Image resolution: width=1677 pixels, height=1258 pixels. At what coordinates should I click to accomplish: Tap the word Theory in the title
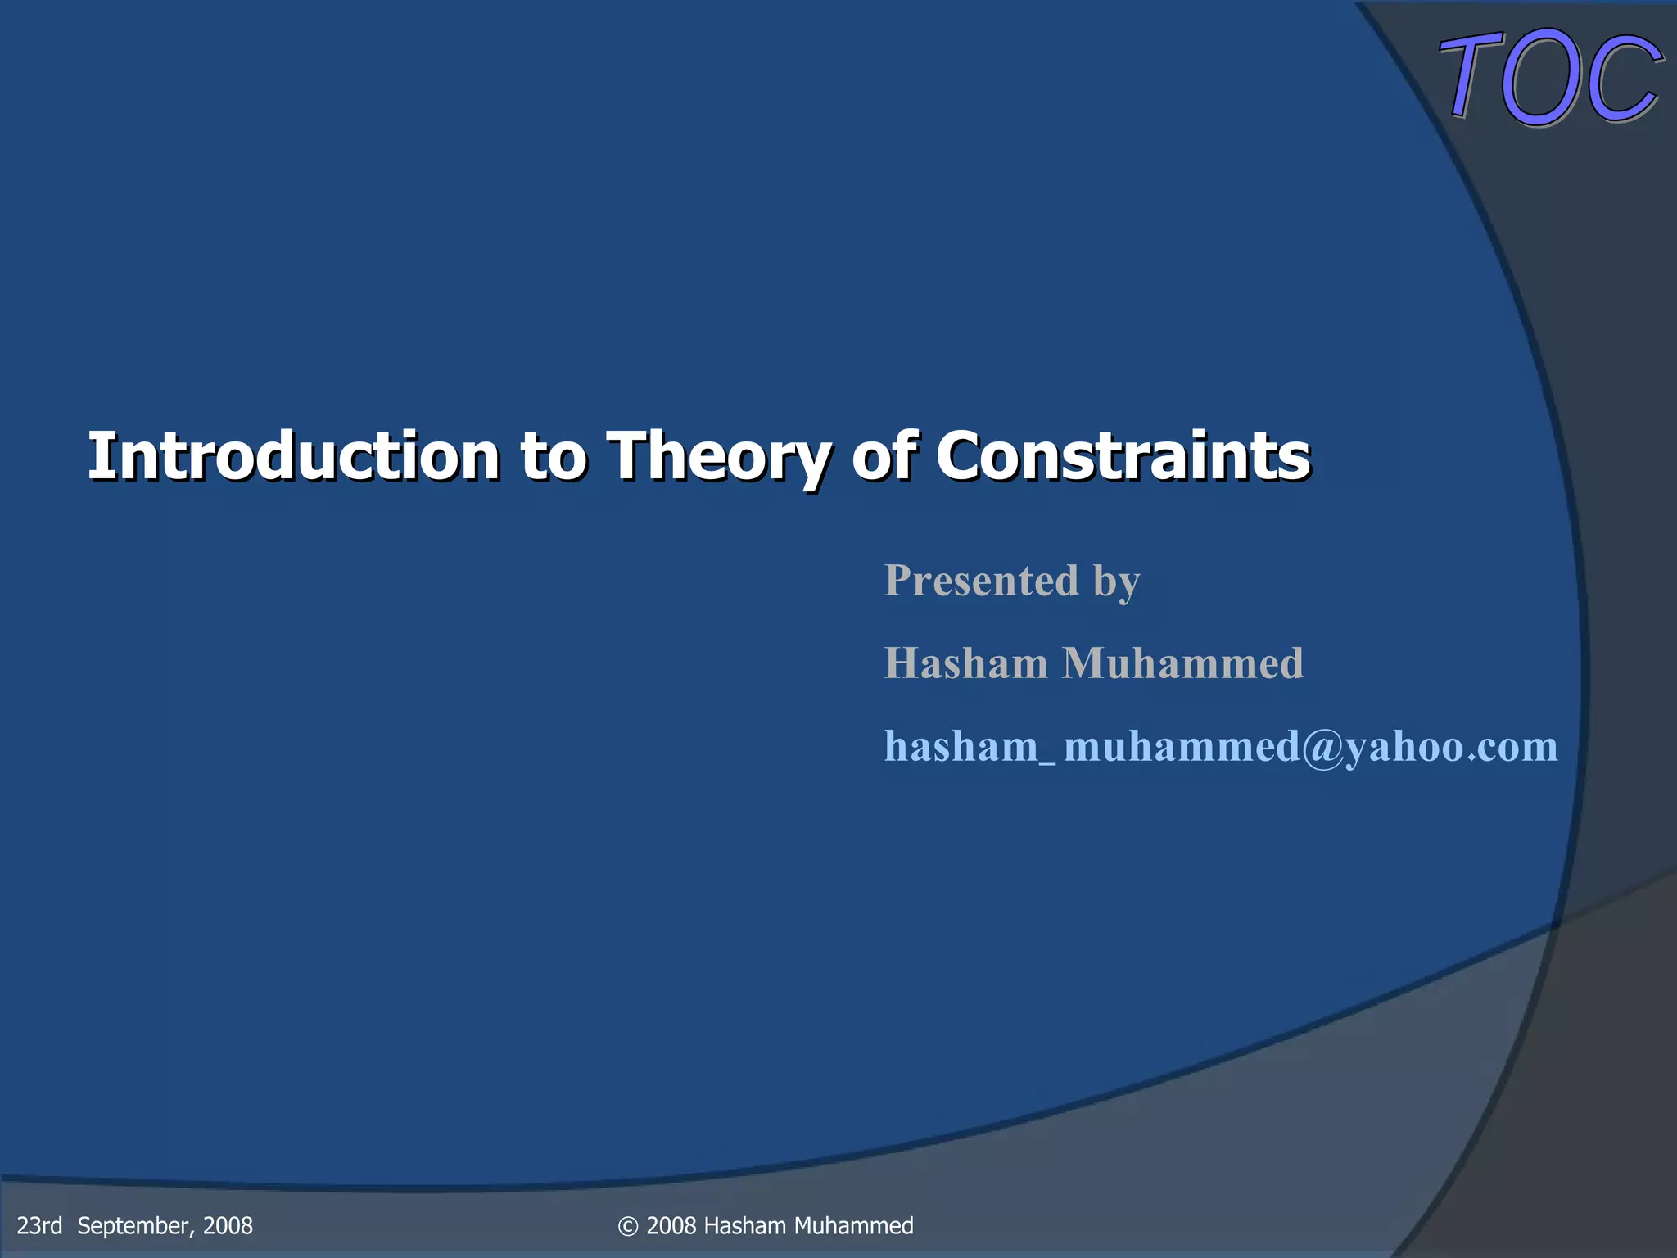pos(717,456)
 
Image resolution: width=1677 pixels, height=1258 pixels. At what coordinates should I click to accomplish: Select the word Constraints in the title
pos(1123,456)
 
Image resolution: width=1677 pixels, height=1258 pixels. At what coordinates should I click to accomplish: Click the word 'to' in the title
pos(554,456)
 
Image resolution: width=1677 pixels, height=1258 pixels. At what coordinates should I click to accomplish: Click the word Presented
pos(981,581)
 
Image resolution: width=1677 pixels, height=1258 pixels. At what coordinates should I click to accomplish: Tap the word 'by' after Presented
pos(1116,582)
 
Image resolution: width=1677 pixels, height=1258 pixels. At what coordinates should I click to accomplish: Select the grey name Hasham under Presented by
pos(965,663)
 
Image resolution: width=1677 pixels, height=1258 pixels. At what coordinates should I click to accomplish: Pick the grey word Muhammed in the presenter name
pos(1182,663)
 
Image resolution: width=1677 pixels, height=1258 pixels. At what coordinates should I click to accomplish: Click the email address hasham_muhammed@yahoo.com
pos(1220,746)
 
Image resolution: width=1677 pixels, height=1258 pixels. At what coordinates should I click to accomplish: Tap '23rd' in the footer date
pos(39,1225)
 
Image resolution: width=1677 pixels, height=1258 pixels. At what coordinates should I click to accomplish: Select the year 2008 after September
pos(228,1225)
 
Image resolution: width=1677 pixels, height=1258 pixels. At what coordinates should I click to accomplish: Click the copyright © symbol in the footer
pos(628,1226)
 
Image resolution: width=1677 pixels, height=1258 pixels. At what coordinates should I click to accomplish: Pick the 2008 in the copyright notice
pos(671,1225)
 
